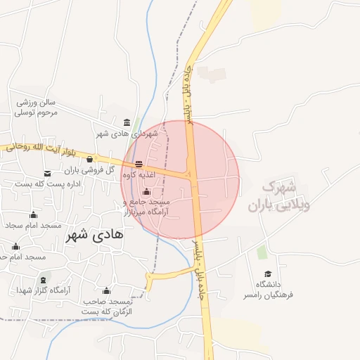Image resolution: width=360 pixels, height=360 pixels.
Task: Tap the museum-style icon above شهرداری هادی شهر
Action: (x=127, y=122)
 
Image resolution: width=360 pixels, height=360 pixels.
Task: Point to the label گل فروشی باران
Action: (x=90, y=170)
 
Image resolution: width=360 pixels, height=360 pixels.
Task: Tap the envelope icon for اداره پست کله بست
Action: (x=47, y=173)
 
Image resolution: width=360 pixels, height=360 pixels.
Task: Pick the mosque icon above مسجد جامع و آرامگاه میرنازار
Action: (x=146, y=192)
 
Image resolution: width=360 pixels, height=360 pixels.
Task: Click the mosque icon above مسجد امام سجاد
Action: (x=33, y=215)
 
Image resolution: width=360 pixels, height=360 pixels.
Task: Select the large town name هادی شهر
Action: (x=94, y=236)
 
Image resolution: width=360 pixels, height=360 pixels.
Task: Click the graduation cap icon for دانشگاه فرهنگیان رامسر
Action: (x=267, y=274)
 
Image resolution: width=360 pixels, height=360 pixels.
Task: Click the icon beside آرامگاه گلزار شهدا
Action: (x=22, y=290)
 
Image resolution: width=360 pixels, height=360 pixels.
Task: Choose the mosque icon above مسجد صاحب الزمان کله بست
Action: (x=106, y=290)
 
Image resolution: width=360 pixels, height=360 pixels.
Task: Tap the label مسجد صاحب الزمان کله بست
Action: (x=107, y=306)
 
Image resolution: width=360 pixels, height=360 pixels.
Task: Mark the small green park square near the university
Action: (x=262, y=252)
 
